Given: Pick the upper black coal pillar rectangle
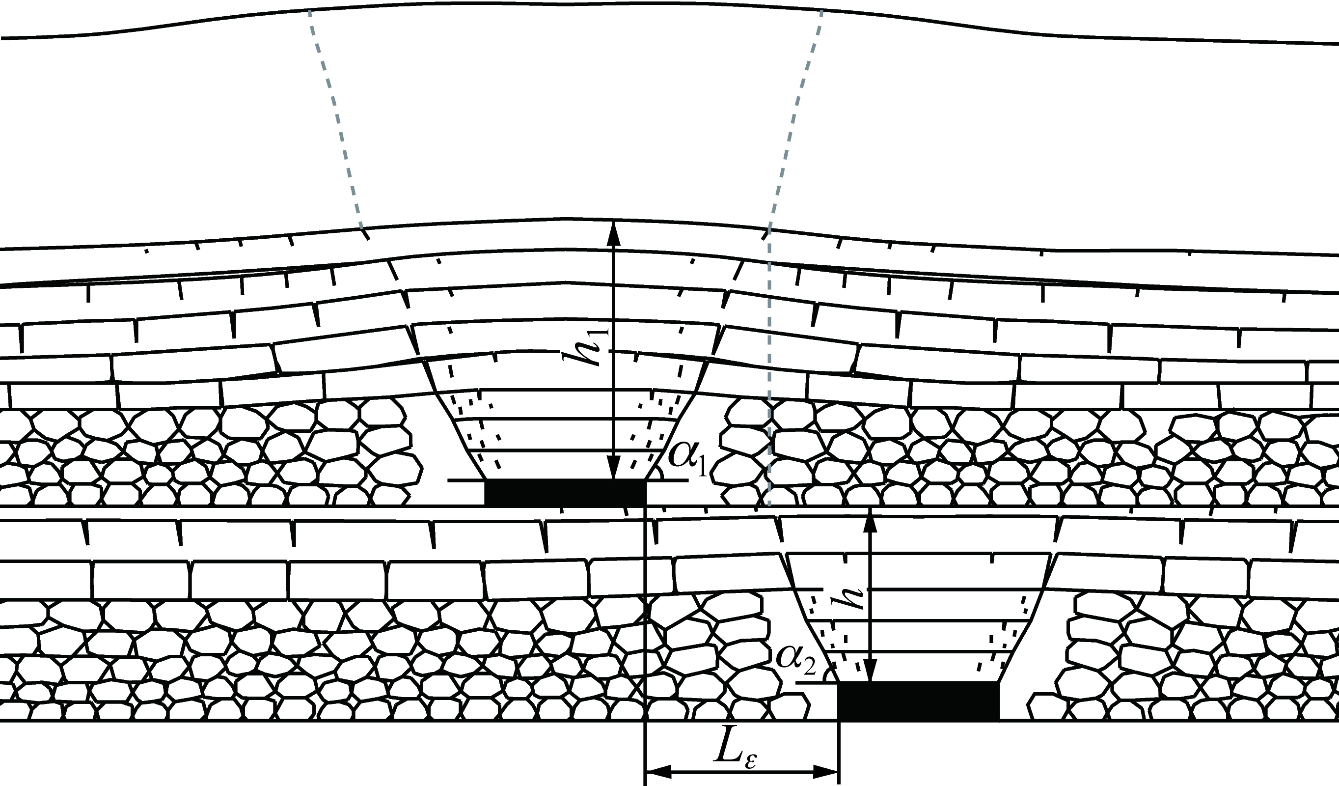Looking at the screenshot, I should pyautogui.click(x=565, y=492).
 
